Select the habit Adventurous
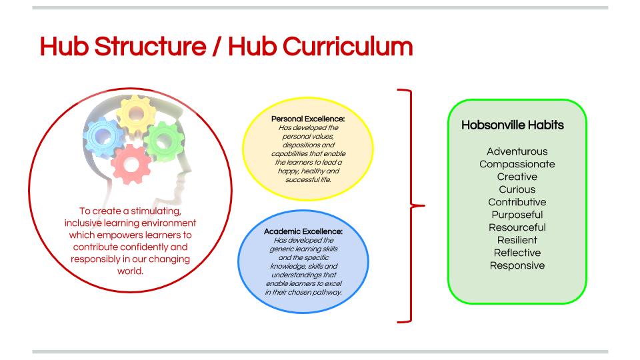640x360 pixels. click(517, 151)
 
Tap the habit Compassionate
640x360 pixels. click(517, 164)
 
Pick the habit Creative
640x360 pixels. click(517, 177)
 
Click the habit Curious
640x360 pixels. click(517, 189)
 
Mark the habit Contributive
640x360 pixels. click(517, 202)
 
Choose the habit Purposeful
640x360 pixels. click(517, 215)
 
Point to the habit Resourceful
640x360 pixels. click(517, 227)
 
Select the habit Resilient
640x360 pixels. click(517, 240)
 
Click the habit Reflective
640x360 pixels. click(517, 253)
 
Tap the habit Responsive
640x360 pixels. click(517, 265)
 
